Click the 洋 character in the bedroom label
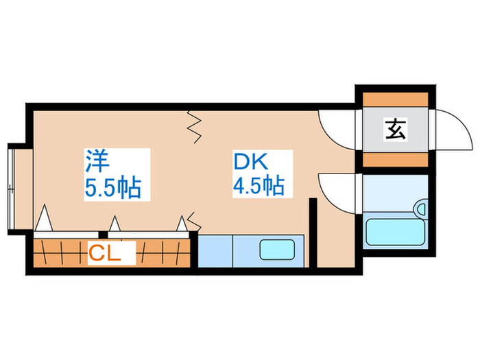(x=97, y=161)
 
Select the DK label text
(x=249, y=161)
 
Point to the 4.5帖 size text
(x=259, y=187)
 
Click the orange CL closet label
(x=104, y=254)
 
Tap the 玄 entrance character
(x=395, y=129)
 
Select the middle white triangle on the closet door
(x=115, y=224)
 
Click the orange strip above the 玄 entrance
(x=395, y=97)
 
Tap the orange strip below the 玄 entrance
(x=395, y=160)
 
